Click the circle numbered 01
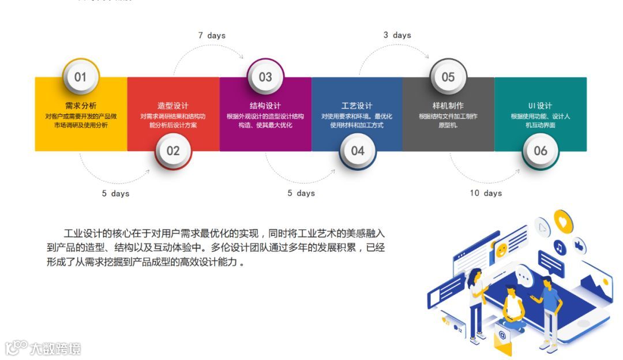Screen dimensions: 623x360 click(80, 77)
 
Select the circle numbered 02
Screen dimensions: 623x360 click(173, 151)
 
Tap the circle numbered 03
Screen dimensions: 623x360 click(265, 77)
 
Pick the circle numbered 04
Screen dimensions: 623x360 click(358, 151)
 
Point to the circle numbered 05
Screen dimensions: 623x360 click(448, 77)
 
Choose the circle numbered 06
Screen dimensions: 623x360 click(541, 151)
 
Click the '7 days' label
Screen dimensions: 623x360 click(212, 36)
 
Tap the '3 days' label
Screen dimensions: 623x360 click(397, 35)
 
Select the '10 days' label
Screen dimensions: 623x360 click(486, 193)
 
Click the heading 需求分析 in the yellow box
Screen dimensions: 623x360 click(81, 106)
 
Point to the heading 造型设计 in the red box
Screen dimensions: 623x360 click(173, 106)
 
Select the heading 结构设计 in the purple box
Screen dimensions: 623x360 click(265, 106)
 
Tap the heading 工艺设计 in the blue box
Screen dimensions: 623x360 click(357, 106)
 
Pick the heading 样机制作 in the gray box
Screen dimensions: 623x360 click(448, 106)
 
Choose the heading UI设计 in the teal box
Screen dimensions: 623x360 click(541, 106)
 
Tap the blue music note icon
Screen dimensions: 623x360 click(559, 248)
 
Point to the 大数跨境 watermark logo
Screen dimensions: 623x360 click(43, 348)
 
